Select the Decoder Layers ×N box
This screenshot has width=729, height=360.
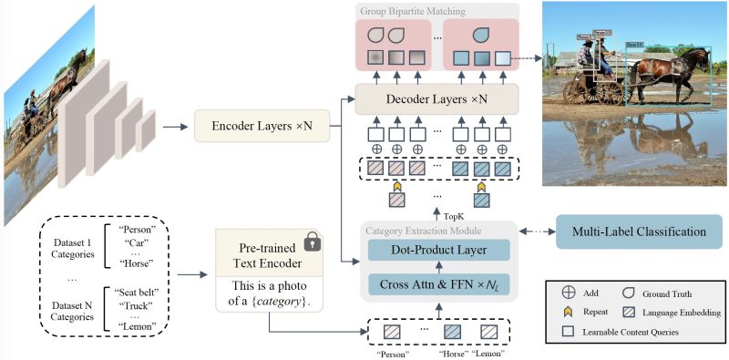point(435,98)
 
